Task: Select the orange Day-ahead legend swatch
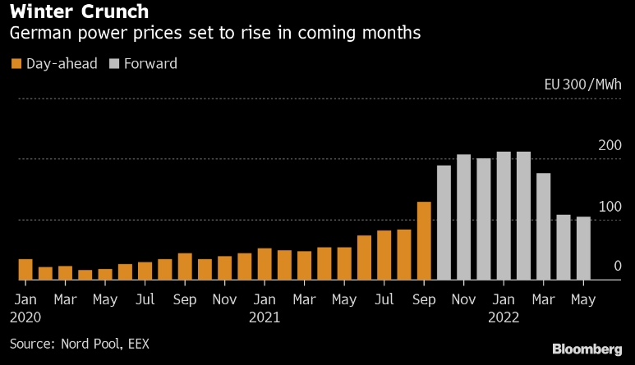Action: (16, 63)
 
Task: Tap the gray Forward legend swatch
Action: (113, 63)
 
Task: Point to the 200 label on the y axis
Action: (610, 145)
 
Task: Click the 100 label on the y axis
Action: (610, 206)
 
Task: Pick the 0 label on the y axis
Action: (617, 267)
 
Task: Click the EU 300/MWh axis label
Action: (582, 84)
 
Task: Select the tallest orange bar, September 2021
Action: (424, 241)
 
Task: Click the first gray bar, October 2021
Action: (444, 222)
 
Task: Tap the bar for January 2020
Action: (25, 270)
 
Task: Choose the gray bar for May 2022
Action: (582, 249)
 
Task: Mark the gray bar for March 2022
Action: (543, 226)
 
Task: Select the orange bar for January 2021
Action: (265, 264)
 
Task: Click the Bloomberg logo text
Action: (587, 349)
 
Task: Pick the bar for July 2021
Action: (384, 255)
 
